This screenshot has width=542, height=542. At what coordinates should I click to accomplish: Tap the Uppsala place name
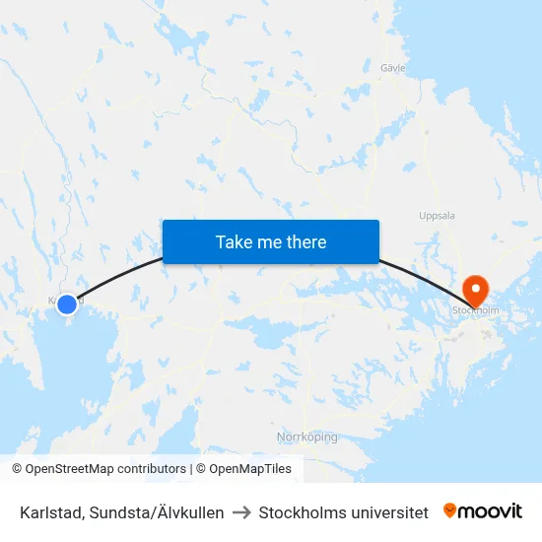(437, 215)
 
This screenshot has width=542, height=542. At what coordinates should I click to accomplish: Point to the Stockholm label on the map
(475, 310)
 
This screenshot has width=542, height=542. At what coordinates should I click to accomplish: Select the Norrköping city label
(306, 437)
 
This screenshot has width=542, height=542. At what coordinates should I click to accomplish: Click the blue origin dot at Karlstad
(67, 304)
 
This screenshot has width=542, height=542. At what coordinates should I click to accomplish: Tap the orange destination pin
(475, 289)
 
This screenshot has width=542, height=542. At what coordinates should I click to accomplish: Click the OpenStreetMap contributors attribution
(99, 469)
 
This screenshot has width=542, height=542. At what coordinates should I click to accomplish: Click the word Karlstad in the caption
(49, 512)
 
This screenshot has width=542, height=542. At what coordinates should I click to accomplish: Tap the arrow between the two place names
(241, 512)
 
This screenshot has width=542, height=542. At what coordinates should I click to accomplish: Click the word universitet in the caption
(391, 512)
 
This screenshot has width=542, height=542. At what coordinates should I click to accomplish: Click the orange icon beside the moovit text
(450, 510)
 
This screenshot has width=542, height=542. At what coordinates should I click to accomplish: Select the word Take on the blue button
(234, 241)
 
